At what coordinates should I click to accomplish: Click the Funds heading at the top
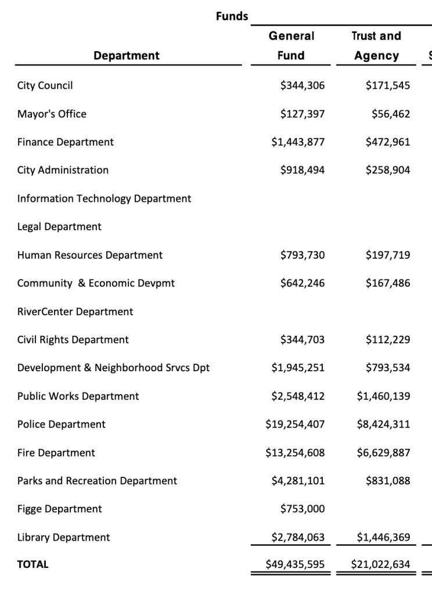click(232, 16)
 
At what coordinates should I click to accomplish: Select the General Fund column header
click(291, 46)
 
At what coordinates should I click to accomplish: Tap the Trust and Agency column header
click(376, 46)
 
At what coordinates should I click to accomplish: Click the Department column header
click(126, 56)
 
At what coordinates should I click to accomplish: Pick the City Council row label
click(45, 86)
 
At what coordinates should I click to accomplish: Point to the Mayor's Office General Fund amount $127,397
click(302, 114)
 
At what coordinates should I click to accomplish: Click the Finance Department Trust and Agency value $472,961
click(388, 142)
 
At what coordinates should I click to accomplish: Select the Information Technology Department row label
click(104, 198)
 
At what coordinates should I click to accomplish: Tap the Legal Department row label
click(59, 227)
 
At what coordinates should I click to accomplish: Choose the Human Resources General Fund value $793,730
click(302, 255)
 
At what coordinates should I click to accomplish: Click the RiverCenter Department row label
click(75, 312)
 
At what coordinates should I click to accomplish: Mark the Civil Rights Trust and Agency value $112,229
click(388, 340)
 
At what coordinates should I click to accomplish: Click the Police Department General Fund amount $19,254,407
click(295, 425)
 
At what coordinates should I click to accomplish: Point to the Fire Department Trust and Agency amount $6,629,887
click(384, 452)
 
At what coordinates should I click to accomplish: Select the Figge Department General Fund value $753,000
click(302, 509)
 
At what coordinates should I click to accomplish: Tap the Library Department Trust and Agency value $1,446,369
click(384, 538)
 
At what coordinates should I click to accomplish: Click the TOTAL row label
click(33, 564)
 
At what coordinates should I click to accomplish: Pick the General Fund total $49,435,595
click(295, 564)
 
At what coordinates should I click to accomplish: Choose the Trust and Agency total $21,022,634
click(381, 564)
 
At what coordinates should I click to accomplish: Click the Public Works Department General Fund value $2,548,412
click(298, 396)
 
